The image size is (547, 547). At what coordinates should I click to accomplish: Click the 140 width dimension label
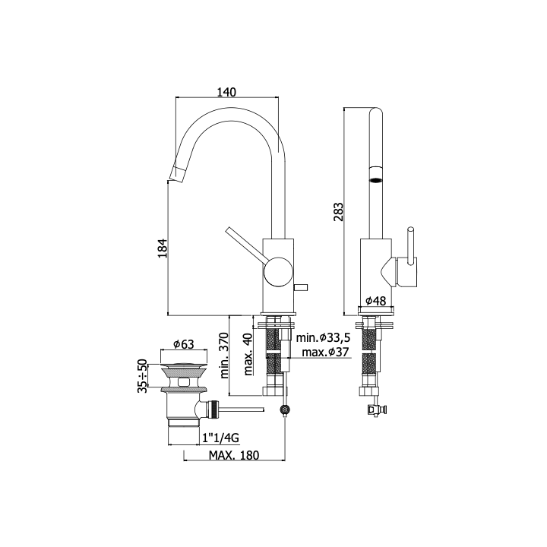[226, 92]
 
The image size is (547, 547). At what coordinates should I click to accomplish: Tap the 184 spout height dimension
[163, 248]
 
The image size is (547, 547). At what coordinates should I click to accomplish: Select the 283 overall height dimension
[338, 212]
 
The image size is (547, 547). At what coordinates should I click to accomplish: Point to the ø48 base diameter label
[376, 300]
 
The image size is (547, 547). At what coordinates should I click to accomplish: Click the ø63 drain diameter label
[184, 344]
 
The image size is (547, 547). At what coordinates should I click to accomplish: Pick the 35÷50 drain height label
[142, 376]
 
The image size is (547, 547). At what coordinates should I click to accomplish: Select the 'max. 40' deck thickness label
[248, 354]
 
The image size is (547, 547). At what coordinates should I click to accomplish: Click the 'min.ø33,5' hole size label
[323, 337]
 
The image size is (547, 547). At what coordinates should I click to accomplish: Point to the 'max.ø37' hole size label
[325, 352]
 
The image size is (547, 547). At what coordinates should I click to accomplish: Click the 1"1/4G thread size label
[221, 438]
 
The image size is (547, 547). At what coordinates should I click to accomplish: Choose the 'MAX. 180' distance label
[234, 455]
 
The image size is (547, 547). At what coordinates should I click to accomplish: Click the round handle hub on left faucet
[278, 272]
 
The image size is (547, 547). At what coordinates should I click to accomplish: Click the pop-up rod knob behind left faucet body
[300, 287]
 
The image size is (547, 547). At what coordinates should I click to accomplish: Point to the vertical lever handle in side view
[411, 244]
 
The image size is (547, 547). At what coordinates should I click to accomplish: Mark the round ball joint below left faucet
[286, 410]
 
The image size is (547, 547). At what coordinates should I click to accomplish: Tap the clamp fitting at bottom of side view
[376, 410]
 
